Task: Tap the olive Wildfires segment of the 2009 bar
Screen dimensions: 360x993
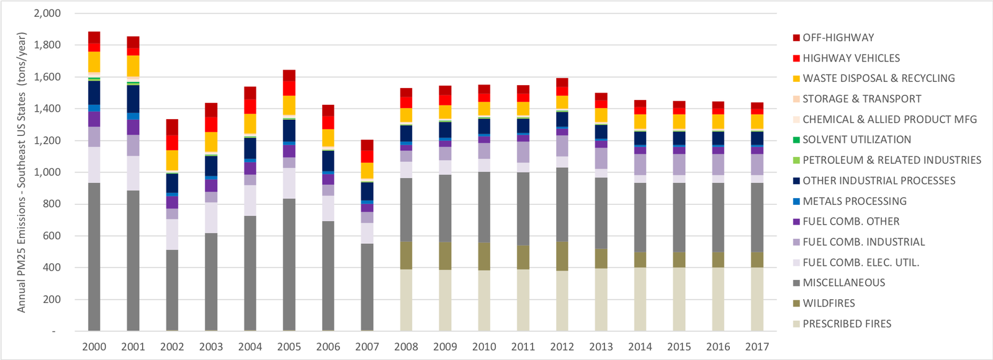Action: tap(445, 255)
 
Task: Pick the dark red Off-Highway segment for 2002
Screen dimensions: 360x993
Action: tap(172, 127)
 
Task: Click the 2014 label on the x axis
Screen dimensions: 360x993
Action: tap(640, 347)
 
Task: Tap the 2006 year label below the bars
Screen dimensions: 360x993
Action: tap(328, 347)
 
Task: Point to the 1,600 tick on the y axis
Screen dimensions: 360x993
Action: tap(48, 77)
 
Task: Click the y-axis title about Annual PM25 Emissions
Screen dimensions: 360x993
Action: tap(22, 171)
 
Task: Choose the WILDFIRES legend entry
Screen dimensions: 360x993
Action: tap(829, 303)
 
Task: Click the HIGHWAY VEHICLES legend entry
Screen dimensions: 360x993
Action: tap(851, 58)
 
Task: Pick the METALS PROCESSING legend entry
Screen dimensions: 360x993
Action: tap(854, 201)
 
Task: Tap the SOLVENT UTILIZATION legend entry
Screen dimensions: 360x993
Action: tap(856, 140)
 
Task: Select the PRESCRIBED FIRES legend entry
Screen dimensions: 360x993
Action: tap(847, 323)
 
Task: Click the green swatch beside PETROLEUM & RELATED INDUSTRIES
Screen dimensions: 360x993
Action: tap(796, 160)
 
